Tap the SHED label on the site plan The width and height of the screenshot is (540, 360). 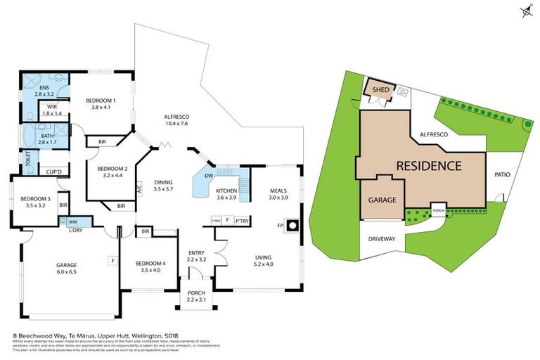pyautogui.click(x=380, y=89)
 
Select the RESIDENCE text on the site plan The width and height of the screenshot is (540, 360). pyautogui.click(x=429, y=166)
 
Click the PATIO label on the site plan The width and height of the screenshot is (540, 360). pyautogui.click(x=501, y=174)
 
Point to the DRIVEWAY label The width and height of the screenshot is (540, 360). pyautogui.click(x=381, y=238)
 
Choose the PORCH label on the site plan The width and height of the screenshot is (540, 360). pyautogui.click(x=439, y=210)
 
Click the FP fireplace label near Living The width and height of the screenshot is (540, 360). pyautogui.click(x=280, y=226)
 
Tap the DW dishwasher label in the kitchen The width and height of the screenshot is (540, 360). pyautogui.click(x=209, y=176)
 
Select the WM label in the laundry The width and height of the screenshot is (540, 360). pyautogui.click(x=72, y=221)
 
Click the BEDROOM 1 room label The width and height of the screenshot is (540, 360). pyautogui.click(x=101, y=101)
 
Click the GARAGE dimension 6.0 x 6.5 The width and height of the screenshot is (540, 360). pyautogui.click(x=66, y=272)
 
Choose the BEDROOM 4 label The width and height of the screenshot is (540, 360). pyautogui.click(x=149, y=263)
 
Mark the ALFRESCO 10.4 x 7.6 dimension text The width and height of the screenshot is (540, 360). pyautogui.click(x=178, y=124)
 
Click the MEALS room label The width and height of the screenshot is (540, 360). pyautogui.click(x=279, y=190)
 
